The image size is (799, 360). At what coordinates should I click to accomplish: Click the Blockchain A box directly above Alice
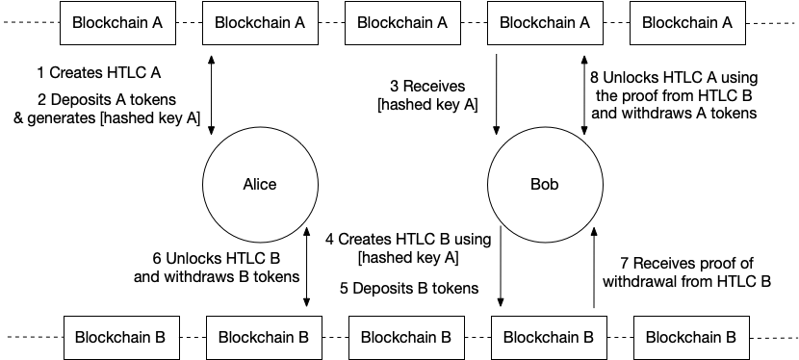click(x=260, y=23)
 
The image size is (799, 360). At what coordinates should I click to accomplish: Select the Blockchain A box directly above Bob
click(x=545, y=23)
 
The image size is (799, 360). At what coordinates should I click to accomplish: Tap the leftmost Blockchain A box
click(x=117, y=23)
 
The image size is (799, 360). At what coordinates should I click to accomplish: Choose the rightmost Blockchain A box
click(x=687, y=23)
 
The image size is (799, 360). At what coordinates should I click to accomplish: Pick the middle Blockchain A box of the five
click(x=402, y=23)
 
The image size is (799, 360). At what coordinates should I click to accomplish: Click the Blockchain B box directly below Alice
click(x=264, y=338)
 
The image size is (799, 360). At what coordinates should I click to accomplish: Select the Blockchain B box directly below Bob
click(x=549, y=338)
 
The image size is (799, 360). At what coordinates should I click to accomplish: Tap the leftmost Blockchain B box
click(x=121, y=338)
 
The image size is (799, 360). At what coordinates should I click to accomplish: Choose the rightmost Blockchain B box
click(x=691, y=338)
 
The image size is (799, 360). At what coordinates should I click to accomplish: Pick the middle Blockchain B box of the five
click(x=406, y=338)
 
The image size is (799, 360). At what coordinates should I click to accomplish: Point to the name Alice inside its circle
click(x=260, y=185)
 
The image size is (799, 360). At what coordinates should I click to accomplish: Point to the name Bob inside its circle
click(x=545, y=185)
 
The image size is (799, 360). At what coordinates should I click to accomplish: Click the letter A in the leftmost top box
click(x=157, y=23)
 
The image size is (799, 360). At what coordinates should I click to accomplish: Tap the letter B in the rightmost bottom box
click(x=731, y=338)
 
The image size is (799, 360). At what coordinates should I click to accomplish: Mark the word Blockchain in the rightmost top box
click(x=678, y=23)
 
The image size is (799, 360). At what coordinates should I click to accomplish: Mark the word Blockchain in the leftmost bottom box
click(x=112, y=338)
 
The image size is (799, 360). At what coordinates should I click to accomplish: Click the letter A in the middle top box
click(x=442, y=23)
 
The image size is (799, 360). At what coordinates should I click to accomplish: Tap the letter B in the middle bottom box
click(x=446, y=338)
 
